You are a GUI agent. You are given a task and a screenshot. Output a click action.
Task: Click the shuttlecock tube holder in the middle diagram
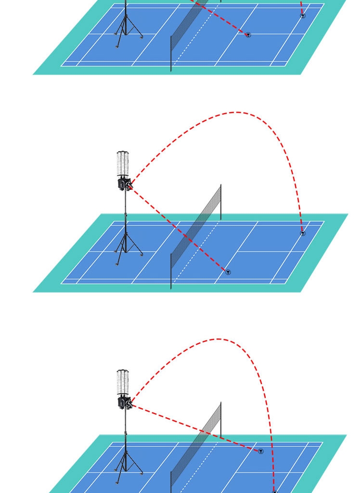pos(124,164)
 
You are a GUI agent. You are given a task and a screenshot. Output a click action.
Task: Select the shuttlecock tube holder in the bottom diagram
pos(123,382)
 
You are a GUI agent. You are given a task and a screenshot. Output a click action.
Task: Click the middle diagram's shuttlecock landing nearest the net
pos(228,272)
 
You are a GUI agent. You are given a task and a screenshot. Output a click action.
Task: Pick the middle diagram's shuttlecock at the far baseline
pos(303,234)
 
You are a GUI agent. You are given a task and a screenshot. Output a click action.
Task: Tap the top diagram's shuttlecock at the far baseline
pos(303,16)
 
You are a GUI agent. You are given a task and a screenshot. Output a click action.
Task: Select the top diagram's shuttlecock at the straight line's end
pos(248,35)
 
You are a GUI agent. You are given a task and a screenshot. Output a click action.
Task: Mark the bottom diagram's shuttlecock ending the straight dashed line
pos(261,452)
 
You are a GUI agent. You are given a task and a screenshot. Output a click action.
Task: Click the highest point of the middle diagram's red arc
pos(236,112)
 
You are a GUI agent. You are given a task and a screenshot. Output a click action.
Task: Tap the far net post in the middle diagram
pos(221,202)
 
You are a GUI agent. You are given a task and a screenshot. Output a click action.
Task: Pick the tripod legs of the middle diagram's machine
pos(127,248)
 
